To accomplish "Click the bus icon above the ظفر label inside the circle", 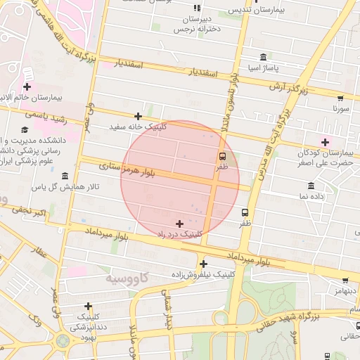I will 222,156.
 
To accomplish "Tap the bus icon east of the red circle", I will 245,212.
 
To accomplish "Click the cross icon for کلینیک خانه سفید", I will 138,116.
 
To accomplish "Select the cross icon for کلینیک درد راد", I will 180,223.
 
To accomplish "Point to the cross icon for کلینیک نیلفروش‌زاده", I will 203,264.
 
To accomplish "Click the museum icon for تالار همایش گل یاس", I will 65,176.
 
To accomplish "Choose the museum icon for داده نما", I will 311,186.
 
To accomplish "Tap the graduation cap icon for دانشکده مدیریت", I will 25,129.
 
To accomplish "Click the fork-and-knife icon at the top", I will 196,8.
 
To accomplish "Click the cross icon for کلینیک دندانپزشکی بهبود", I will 88,306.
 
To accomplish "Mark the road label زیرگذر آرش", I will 289,87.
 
